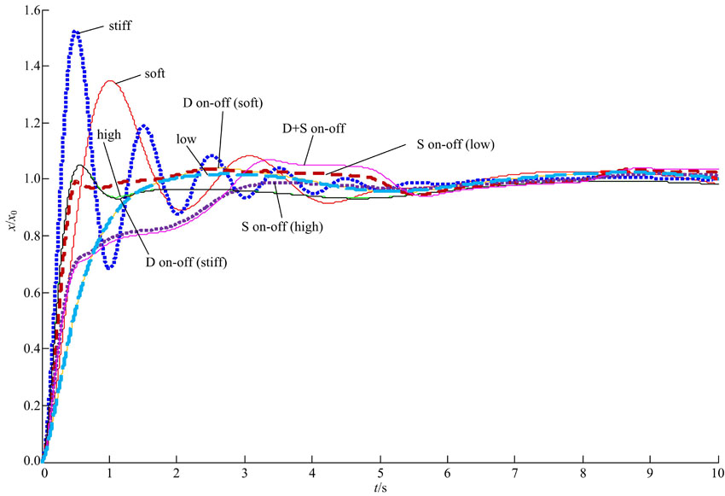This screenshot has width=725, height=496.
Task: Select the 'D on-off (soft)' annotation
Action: click(x=223, y=103)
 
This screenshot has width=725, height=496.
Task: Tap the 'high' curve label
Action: click(x=109, y=134)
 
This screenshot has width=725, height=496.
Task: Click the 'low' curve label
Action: click(x=186, y=138)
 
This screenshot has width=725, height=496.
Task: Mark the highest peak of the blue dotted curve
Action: click(x=76, y=32)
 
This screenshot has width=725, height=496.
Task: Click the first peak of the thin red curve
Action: click(x=110, y=81)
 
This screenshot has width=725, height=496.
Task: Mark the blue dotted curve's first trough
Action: click(x=110, y=268)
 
